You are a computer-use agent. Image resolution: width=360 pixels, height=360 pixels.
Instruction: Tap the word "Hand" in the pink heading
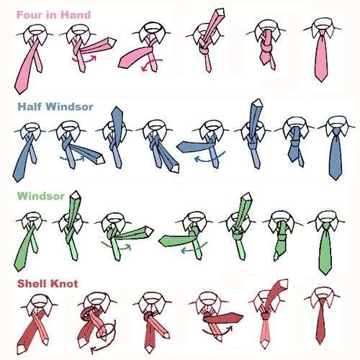pyautogui.click(x=76, y=15)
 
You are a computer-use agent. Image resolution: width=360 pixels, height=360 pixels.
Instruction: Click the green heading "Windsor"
pyautogui.click(x=41, y=196)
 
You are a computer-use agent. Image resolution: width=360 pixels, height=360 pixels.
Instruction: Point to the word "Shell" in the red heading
pyautogui.click(x=32, y=284)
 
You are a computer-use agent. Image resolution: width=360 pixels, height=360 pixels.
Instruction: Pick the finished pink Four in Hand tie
pyautogui.click(x=322, y=55)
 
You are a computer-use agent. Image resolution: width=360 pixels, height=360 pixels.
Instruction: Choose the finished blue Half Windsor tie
pyautogui.click(x=336, y=153)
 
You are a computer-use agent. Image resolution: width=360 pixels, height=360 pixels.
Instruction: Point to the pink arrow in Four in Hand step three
pyautogui.click(x=150, y=64)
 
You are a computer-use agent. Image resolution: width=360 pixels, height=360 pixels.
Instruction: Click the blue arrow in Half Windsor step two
pyautogui.click(x=72, y=159)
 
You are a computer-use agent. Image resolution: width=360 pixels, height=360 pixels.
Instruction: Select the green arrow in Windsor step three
pyautogui.click(x=117, y=247)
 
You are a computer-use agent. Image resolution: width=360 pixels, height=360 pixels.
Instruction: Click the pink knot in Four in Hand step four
pyautogui.click(x=204, y=50)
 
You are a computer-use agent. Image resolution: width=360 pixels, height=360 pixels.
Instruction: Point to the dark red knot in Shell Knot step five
pyautogui.click(x=266, y=315)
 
